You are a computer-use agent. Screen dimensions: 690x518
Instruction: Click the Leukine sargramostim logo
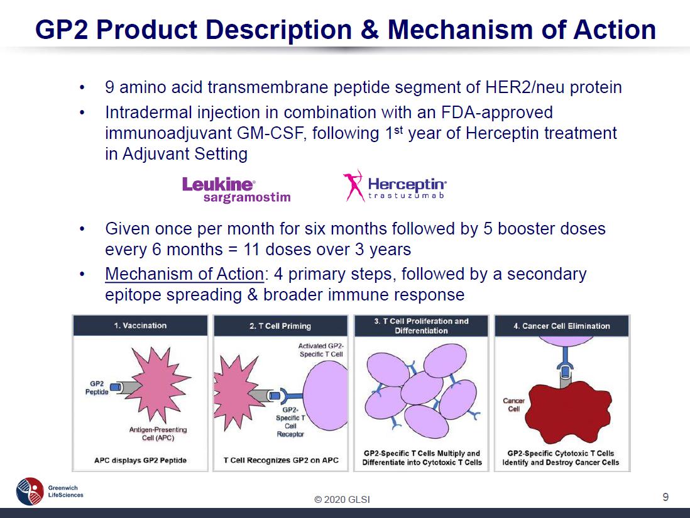point(236,190)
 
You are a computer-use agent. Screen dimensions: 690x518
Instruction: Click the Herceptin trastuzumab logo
point(395,186)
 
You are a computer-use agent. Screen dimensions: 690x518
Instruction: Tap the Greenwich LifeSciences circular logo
point(30,491)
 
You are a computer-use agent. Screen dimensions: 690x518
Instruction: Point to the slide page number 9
point(665,497)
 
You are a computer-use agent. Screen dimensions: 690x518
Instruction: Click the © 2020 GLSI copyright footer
point(342,500)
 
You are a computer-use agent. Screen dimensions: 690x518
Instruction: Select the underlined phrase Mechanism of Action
point(184,273)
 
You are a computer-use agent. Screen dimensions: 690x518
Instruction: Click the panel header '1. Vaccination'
point(140,326)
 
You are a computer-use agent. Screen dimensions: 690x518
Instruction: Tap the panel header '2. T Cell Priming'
point(280,326)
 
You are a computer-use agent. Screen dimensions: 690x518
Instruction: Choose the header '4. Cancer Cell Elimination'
point(562,326)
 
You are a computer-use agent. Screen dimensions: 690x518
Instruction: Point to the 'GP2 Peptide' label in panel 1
point(97,388)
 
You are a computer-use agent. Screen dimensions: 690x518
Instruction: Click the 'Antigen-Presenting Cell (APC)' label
point(158,434)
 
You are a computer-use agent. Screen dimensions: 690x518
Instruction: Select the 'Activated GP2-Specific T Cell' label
point(320,350)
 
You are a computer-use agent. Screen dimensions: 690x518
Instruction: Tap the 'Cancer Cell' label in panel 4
point(513,404)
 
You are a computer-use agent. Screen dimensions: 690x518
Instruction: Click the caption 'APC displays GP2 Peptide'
point(140,460)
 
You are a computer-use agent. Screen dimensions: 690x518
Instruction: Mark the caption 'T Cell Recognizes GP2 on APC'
point(281,460)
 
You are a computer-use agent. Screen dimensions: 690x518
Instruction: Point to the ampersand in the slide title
point(370,30)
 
